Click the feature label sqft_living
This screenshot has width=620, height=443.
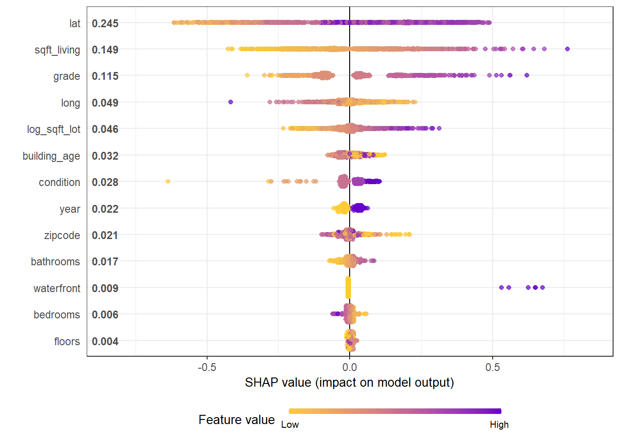(x=57, y=50)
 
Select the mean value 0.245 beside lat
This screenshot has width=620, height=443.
(x=105, y=24)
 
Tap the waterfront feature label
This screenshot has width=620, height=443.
(x=57, y=288)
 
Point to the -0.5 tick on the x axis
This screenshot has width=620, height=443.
(x=207, y=367)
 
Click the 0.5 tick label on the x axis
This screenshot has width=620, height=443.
(x=492, y=367)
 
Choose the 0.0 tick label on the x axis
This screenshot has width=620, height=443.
(x=350, y=367)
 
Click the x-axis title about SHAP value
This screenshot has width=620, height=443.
(x=349, y=383)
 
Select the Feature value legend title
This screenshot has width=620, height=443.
(x=237, y=420)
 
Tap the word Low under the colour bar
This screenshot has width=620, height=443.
(x=290, y=425)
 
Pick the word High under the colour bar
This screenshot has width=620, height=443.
(x=499, y=425)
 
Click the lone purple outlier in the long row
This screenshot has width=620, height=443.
(x=231, y=102)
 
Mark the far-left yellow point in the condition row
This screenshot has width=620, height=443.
(x=168, y=181)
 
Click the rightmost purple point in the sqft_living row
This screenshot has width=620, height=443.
(x=567, y=49)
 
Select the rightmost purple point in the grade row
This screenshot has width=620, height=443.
(x=527, y=75)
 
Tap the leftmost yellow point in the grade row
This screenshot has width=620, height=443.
(x=247, y=75)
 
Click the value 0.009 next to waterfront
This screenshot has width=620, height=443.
(x=105, y=288)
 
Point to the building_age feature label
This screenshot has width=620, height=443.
(x=51, y=156)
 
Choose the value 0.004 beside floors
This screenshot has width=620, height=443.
(x=105, y=341)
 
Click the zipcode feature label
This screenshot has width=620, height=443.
(x=62, y=235)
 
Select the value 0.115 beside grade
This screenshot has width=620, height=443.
(x=105, y=76)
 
